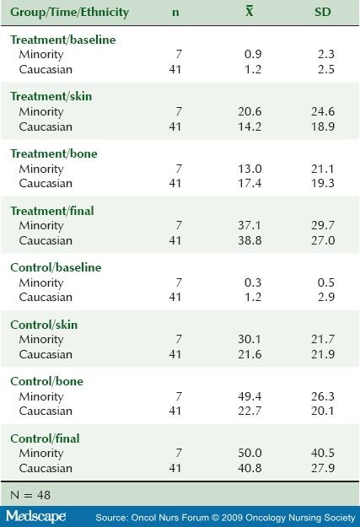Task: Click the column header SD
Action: pyautogui.click(x=323, y=12)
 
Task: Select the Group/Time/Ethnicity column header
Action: pyautogui.click(x=70, y=13)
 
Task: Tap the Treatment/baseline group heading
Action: pyautogui.click(x=63, y=40)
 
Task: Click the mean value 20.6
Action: pyautogui.click(x=250, y=111)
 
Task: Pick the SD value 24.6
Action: pyautogui.click(x=323, y=111)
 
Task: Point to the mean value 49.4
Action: pyautogui.click(x=250, y=396)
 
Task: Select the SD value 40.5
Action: pyautogui.click(x=323, y=453)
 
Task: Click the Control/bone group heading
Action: pyautogui.click(x=46, y=381)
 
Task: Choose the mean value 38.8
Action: pyautogui.click(x=250, y=240)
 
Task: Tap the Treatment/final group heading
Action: pyautogui.click(x=52, y=211)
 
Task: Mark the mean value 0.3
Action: pyautogui.click(x=253, y=282)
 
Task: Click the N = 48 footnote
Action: pyautogui.click(x=30, y=495)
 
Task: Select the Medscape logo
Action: pyautogui.click(x=35, y=516)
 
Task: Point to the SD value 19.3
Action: pyautogui.click(x=323, y=183)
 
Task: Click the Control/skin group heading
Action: pyautogui.click(x=44, y=325)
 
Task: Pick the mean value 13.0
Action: pyautogui.click(x=250, y=169)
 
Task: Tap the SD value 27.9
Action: pyautogui.click(x=323, y=468)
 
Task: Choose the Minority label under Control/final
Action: pyautogui.click(x=41, y=453)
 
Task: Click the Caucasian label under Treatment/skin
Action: pyautogui.click(x=46, y=126)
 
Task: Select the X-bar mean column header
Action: pyautogui.click(x=249, y=12)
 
